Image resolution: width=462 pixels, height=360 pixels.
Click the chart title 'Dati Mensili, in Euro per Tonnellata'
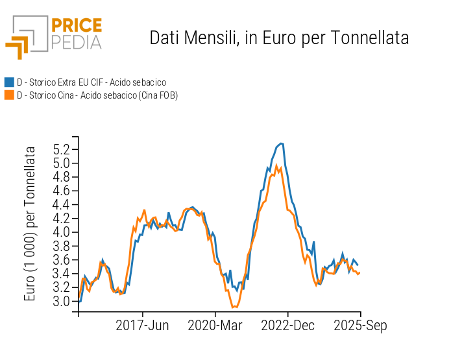(x=279, y=38)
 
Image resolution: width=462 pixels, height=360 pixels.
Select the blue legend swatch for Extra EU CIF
(x=9, y=82)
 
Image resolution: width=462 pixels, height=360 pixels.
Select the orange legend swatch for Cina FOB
(x=9, y=95)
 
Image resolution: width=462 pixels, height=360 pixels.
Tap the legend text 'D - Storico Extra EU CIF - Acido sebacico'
(x=91, y=82)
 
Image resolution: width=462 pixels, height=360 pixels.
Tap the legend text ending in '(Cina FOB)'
(x=97, y=95)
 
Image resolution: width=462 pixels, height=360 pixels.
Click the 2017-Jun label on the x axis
(x=142, y=326)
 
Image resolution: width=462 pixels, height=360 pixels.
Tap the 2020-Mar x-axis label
(x=215, y=326)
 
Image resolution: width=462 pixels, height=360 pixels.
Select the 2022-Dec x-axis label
(x=288, y=326)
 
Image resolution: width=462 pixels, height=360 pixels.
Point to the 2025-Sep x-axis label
(x=361, y=326)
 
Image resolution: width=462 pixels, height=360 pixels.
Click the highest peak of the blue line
(x=281, y=143)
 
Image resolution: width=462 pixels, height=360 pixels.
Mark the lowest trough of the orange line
(x=234, y=307)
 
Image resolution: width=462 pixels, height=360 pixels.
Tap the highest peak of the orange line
(x=277, y=165)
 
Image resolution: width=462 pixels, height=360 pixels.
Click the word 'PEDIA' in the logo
(x=77, y=43)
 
